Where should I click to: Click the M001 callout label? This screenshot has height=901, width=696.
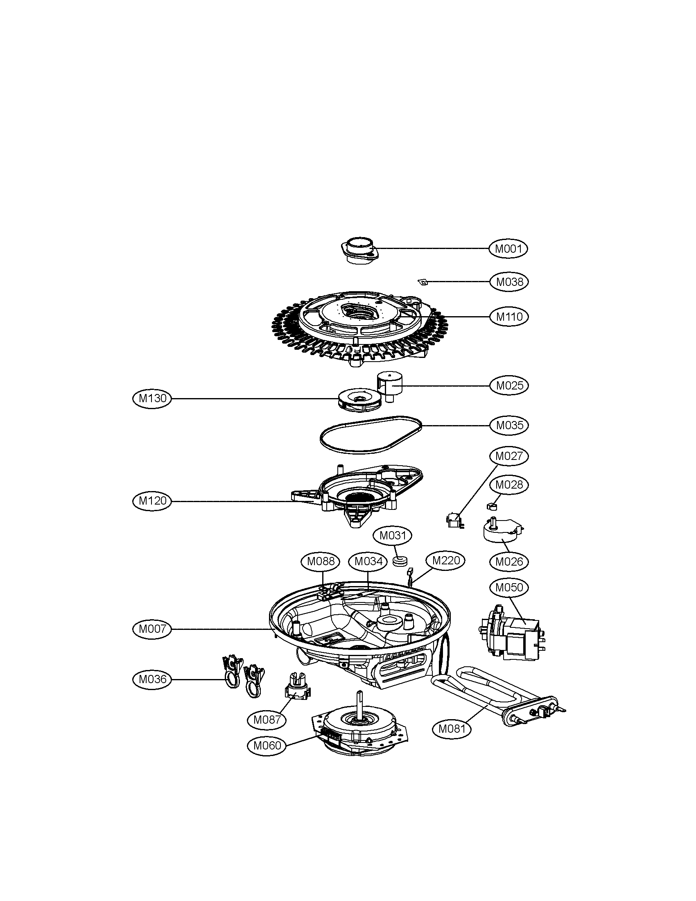(x=508, y=249)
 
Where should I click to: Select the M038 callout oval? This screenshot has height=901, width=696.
(x=509, y=282)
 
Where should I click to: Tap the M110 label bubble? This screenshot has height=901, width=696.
(x=509, y=317)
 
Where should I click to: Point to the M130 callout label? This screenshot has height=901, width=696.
(x=152, y=398)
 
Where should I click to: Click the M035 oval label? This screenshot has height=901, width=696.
(x=509, y=426)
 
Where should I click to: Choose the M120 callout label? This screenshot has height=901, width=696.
(x=152, y=501)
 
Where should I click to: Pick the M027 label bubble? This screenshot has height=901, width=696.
(x=509, y=456)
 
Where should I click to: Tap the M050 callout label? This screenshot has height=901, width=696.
(x=509, y=587)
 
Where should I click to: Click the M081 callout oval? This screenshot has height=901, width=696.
(x=452, y=729)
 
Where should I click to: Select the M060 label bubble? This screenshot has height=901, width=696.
(x=267, y=745)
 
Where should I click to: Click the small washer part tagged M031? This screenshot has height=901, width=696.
(x=400, y=561)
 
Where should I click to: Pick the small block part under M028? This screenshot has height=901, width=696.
(x=491, y=505)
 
